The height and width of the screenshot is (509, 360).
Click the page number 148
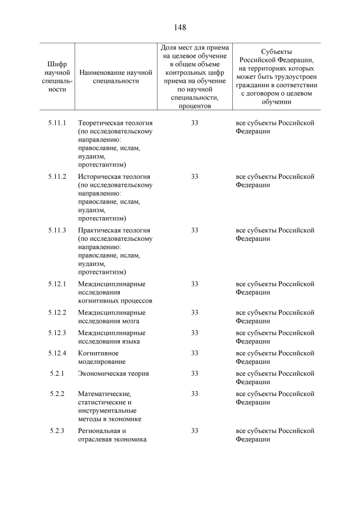180,27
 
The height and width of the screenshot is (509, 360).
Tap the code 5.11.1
57,123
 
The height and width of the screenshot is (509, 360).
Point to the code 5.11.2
57,177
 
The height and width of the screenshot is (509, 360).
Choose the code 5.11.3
57,230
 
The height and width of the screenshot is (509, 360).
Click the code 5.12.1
57,284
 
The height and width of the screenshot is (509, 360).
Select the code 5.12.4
57,353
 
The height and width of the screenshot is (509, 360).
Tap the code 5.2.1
57,373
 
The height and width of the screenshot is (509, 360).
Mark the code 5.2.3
57,431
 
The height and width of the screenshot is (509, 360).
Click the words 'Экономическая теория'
113,373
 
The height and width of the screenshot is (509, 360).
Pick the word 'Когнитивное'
98,353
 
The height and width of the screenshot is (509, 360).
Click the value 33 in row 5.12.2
194,313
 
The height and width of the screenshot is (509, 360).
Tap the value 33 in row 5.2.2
194,394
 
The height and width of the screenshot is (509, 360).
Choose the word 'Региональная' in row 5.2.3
98,431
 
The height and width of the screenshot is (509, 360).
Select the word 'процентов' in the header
194,106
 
